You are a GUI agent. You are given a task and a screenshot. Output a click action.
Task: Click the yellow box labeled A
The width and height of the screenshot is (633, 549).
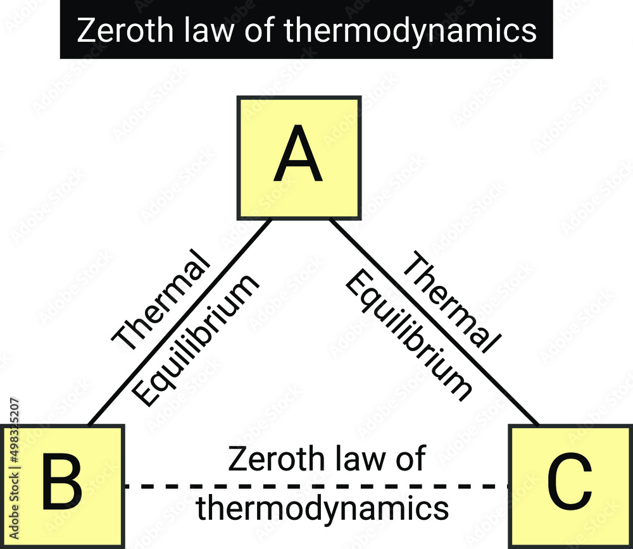[299, 157]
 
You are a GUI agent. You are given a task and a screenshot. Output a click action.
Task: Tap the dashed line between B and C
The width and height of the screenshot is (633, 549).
[316, 486]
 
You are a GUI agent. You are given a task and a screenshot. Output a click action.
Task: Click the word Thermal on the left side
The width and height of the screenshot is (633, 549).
[161, 301]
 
